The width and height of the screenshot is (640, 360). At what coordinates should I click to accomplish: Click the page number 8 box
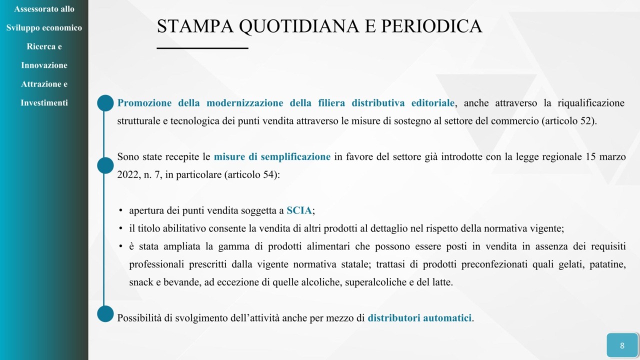622,345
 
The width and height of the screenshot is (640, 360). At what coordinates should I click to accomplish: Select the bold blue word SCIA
299,210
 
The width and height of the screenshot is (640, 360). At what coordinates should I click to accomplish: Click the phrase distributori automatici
419,318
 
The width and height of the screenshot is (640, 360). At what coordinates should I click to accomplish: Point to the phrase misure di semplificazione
272,157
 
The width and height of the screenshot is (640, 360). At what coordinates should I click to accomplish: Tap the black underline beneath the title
202,48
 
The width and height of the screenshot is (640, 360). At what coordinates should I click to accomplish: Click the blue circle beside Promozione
105,103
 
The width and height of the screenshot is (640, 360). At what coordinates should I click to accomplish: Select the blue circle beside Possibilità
105,314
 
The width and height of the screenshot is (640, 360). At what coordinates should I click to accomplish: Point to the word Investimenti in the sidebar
44,103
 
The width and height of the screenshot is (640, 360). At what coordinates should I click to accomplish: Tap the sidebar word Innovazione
44,65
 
